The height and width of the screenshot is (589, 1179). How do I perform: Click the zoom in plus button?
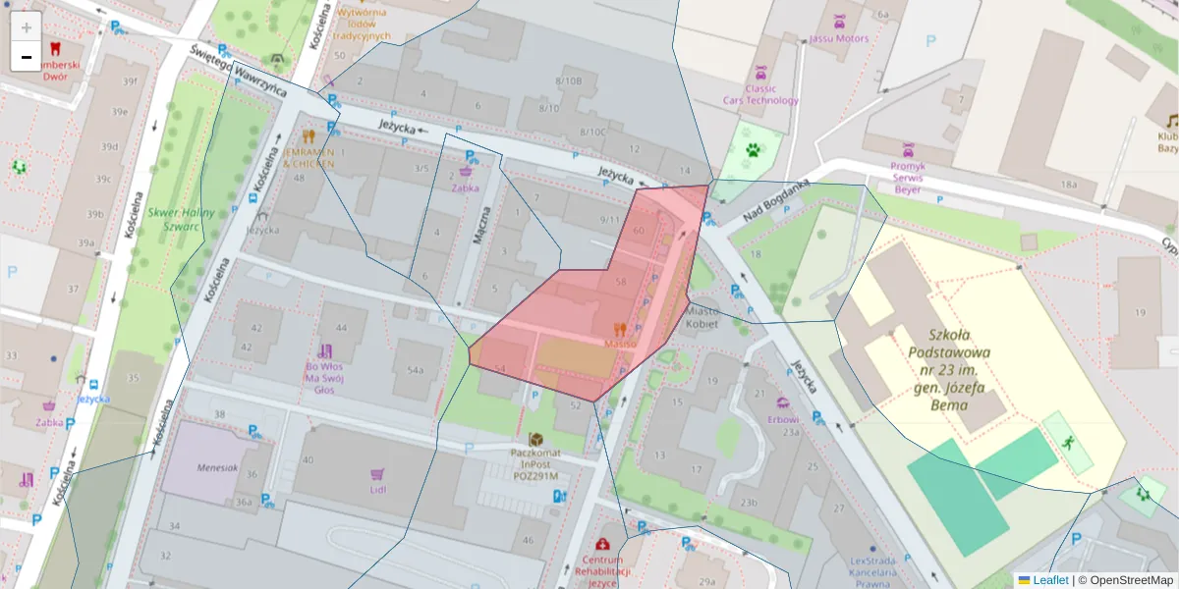pos(27,27)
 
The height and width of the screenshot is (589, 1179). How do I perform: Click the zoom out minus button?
pos(27,56)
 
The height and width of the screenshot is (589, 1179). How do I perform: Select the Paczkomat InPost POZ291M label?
pos(534,464)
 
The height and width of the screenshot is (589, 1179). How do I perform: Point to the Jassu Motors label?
pos(839,39)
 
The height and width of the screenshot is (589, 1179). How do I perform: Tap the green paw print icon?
pos(753,151)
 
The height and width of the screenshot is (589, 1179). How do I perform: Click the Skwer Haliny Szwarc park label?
pos(173,218)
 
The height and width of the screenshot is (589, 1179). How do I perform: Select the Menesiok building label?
pos(217,467)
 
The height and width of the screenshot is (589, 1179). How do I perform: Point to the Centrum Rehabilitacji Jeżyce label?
pos(602,570)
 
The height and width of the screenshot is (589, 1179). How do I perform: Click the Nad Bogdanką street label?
pos(775,203)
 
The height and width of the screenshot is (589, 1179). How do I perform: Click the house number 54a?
pos(414,369)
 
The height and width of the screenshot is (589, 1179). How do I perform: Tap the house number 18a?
pos(1068,184)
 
